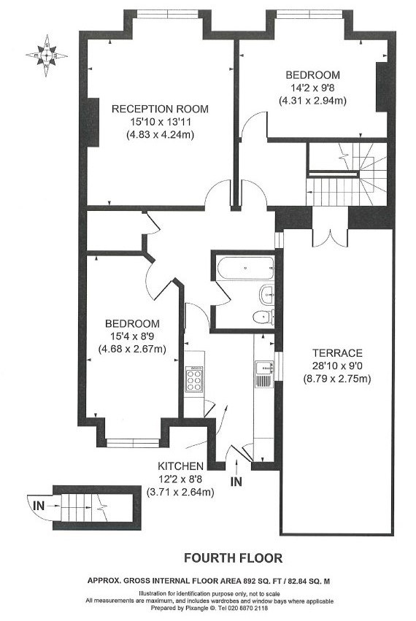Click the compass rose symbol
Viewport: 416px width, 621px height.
47,55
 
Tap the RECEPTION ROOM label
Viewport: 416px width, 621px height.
160,109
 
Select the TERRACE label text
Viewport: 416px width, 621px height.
337,353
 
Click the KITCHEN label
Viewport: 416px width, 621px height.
181,466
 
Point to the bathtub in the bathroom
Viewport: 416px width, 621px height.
246,268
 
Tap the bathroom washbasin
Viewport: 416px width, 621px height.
266,294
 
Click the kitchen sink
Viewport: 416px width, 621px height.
263,368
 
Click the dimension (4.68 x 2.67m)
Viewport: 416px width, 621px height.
132,350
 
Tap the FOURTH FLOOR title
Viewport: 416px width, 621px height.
233,558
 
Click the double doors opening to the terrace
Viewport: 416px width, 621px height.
331,238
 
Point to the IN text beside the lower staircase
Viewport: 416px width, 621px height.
39,506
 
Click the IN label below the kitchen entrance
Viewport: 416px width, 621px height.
236,482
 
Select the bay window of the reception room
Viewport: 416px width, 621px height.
167,15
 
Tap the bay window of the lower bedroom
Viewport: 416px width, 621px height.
133,443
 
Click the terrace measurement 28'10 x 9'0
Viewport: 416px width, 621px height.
337,366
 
